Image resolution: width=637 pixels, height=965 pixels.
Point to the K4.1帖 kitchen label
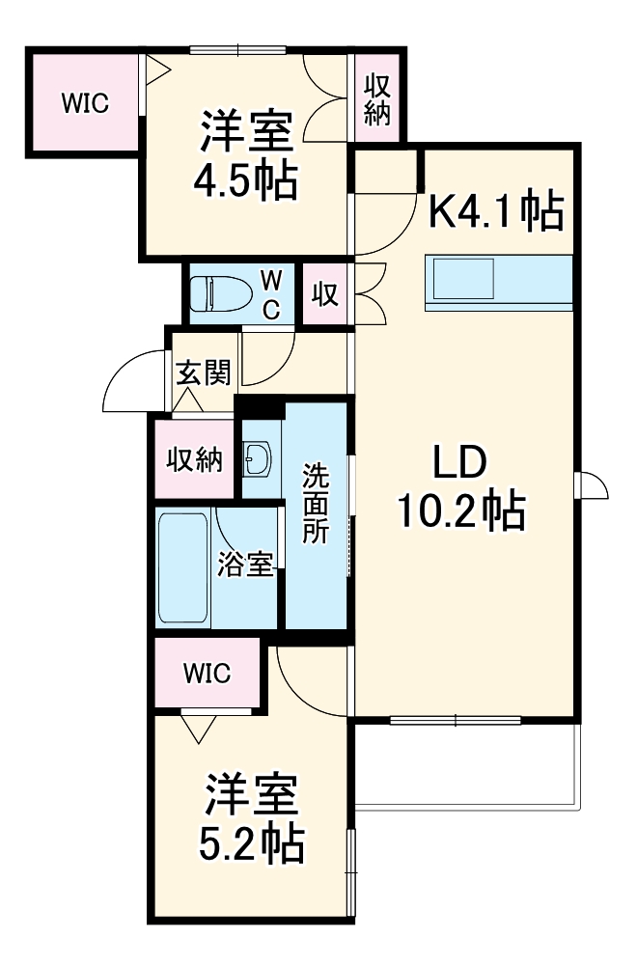[x=495, y=211]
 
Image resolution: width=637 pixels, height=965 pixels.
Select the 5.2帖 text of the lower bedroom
[x=254, y=844]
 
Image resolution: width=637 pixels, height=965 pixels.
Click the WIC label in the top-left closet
[x=85, y=103]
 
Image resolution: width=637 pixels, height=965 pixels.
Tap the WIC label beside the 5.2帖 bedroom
[x=208, y=674]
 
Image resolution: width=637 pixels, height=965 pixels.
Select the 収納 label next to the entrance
[x=194, y=459]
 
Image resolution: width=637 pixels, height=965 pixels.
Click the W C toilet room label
[x=272, y=294]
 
